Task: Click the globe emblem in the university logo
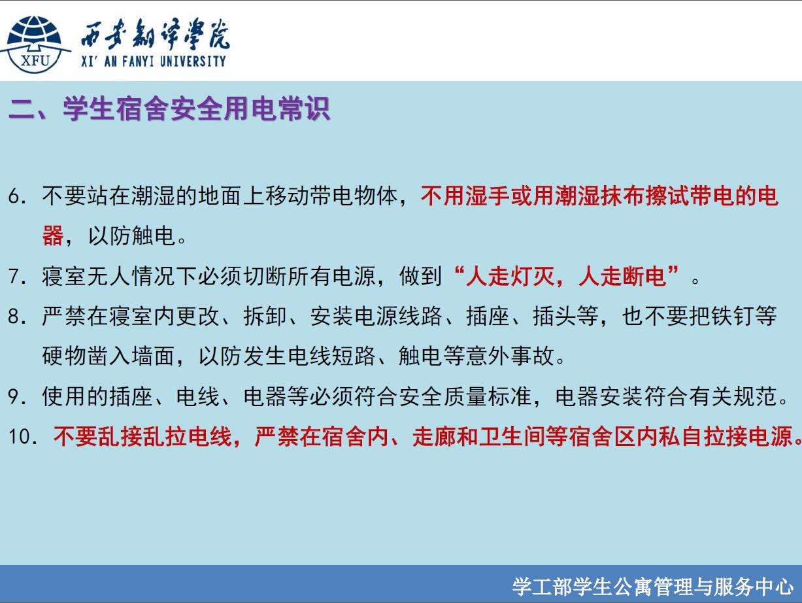pyautogui.click(x=35, y=44)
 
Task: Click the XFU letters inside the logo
pyautogui.click(x=35, y=61)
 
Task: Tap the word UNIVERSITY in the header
pyautogui.click(x=193, y=61)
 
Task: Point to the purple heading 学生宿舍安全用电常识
pyautogui.click(x=197, y=109)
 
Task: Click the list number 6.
pyautogui.click(x=17, y=196)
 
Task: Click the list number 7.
pyautogui.click(x=17, y=276)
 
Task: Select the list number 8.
pyautogui.click(x=17, y=316)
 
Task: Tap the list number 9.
pyautogui.click(x=17, y=396)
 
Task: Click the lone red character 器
pyautogui.click(x=53, y=235)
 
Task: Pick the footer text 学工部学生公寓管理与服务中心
pyautogui.click(x=652, y=587)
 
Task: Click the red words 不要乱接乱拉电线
pyautogui.click(x=143, y=437)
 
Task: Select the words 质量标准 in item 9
pyautogui.click(x=488, y=396)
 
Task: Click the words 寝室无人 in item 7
pyautogui.click(x=86, y=276)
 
